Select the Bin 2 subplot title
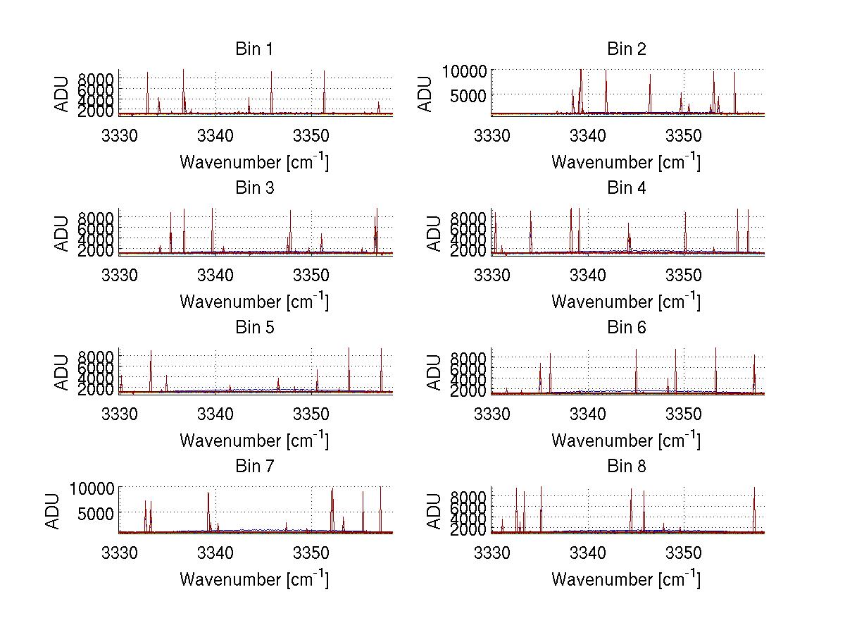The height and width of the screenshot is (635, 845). click(626, 49)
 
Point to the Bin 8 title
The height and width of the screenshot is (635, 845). click(626, 467)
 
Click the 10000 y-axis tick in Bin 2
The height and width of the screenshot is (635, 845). click(464, 71)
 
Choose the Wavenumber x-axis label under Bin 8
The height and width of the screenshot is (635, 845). click(626, 579)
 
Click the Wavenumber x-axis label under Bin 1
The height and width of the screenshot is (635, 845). click(254, 161)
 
